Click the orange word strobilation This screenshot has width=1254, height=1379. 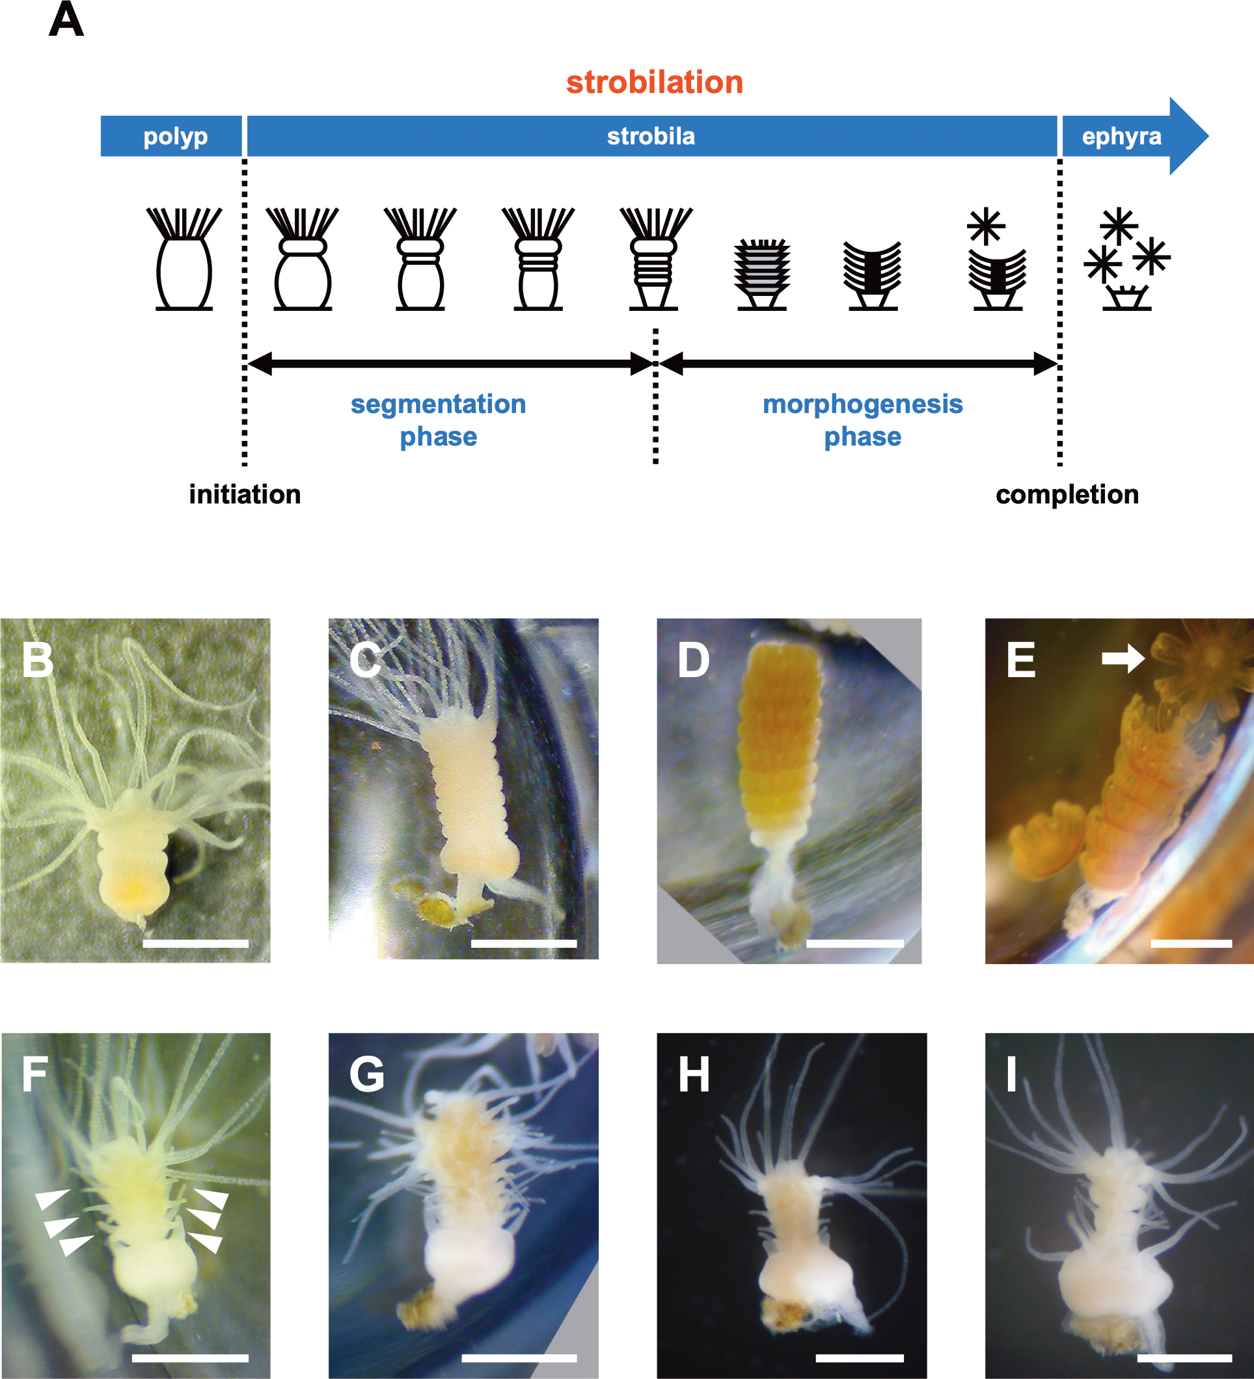pyautogui.click(x=655, y=83)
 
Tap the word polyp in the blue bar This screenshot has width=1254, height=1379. pyautogui.click(x=175, y=136)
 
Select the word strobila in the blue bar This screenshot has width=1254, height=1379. pyautogui.click(x=651, y=136)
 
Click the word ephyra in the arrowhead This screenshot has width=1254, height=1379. pyautogui.click(x=1121, y=136)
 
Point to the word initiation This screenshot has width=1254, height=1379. pyautogui.click(x=245, y=494)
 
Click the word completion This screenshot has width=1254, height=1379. pyautogui.click(x=1067, y=494)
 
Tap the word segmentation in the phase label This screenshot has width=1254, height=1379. pyautogui.click(x=438, y=404)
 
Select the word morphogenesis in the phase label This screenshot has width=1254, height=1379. pyautogui.click(x=862, y=404)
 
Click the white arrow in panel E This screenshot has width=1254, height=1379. pyautogui.click(x=1123, y=658)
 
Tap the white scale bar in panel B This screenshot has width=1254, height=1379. pyautogui.click(x=196, y=944)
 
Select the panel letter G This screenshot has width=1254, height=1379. pyautogui.click(x=367, y=1075)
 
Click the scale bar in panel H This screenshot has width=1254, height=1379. pyautogui.click(x=859, y=1358)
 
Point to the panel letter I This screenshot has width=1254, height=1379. pyautogui.click(x=1012, y=1075)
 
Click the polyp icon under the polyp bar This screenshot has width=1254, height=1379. pyautogui.click(x=184, y=260)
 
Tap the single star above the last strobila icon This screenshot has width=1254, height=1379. pyautogui.click(x=986, y=226)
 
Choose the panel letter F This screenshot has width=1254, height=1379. pyautogui.click(x=35, y=1075)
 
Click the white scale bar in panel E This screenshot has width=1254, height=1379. pyautogui.click(x=1191, y=943)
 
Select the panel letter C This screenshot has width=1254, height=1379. pyautogui.click(x=365, y=661)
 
